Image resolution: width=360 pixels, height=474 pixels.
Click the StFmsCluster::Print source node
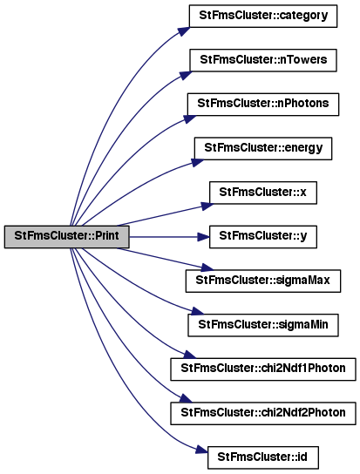click(x=67, y=237)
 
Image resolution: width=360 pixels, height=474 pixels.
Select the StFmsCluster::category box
click(x=263, y=16)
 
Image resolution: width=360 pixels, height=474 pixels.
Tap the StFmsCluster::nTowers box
click(x=263, y=60)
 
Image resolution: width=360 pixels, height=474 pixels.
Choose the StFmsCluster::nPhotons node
click(x=263, y=105)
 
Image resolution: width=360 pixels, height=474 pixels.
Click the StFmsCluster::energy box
click(x=263, y=148)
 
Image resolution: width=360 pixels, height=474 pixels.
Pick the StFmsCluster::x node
click(x=263, y=193)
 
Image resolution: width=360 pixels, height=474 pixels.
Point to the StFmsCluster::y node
click(x=263, y=237)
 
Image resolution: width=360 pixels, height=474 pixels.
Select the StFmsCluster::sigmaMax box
click(x=263, y=281)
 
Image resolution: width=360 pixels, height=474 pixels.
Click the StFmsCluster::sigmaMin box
click(x=263, y=325)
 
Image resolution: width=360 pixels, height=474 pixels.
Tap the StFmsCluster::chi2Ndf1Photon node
click(x=263, y=369)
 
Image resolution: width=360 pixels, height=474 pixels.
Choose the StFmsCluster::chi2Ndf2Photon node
click(x=263, y=413)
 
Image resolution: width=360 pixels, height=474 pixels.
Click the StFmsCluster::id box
click(x=263, y=457)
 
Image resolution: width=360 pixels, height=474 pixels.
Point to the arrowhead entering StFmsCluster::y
click(x=204, y=237)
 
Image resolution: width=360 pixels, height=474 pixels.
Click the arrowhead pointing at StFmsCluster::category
click(x=184, y=31)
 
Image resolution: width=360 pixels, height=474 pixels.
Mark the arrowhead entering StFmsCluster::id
click(x=201, y=450)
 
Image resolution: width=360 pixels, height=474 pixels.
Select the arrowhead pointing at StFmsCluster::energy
click(x=198, y=162)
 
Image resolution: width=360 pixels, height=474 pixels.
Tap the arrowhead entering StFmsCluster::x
click(x=207, y=207)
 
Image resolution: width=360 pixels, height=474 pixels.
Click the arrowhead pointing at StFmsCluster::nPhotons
click(x=190, y=118)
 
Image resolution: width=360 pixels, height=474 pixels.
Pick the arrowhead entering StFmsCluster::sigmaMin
click(x=198, y=311)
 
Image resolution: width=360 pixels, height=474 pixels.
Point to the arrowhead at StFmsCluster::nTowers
click(x=185, y=75)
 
